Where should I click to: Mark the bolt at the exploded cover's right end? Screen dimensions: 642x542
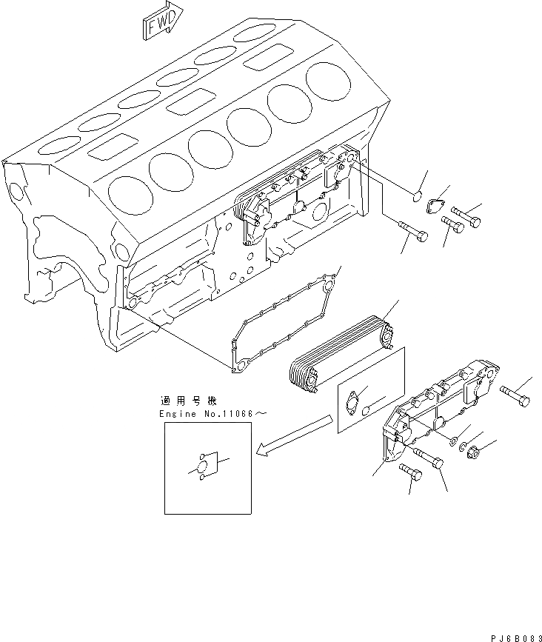click(x=515, y=398)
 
